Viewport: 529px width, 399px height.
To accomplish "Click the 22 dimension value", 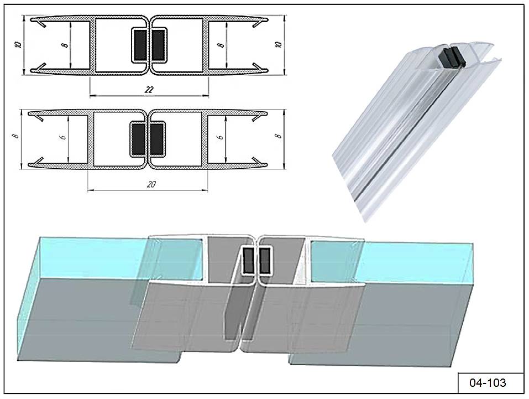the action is [x=149, y=89].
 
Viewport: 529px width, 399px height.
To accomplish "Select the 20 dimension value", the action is [x=151, y=184].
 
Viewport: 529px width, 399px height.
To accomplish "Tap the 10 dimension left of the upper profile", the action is [x=19, y=44].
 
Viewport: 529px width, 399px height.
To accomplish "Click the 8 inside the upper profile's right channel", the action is [x=221, y=45].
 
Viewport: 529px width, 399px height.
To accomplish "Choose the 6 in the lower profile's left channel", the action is [x=63, y=137].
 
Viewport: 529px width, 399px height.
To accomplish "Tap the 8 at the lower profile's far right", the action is [x=278, y=136].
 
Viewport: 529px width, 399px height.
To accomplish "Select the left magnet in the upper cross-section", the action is [x=140, y=45].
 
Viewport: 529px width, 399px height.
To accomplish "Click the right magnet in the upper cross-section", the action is [x=158, y=45].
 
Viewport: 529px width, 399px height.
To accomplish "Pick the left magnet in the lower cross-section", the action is [x=138, y=139].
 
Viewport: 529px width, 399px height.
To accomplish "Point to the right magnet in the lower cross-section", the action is [x=156, y=139].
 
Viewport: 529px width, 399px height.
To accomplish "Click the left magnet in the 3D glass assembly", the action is [x=249, y=260].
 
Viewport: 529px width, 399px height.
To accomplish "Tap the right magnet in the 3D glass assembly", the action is [x=265, y=260].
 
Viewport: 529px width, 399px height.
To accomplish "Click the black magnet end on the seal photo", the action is [x=452, y=57].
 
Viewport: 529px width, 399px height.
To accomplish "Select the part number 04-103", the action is [x=488, y=382].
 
